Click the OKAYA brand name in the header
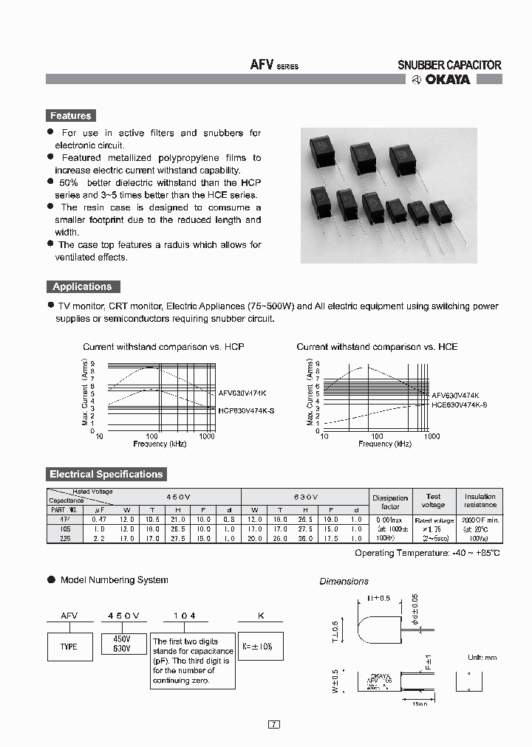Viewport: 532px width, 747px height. [446, 80]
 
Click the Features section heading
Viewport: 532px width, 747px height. [70, 116]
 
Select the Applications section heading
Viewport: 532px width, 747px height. [82, 286]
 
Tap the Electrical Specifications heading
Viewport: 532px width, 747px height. [106, 474]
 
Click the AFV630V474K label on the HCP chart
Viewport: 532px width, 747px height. [243, 394]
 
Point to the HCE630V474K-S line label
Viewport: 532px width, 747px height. [459, 405]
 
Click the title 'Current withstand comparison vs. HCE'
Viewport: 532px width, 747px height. [377, 347]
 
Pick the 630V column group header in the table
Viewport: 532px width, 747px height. [304, 498]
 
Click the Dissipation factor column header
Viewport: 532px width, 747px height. [390, 502]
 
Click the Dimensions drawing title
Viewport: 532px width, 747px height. [344, 582]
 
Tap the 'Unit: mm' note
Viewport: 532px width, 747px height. [482, 657]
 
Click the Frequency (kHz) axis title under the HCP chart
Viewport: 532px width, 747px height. [160, 444]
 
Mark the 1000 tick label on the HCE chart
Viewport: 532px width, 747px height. [431, 436]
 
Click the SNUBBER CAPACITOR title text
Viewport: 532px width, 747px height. [449, 65]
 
